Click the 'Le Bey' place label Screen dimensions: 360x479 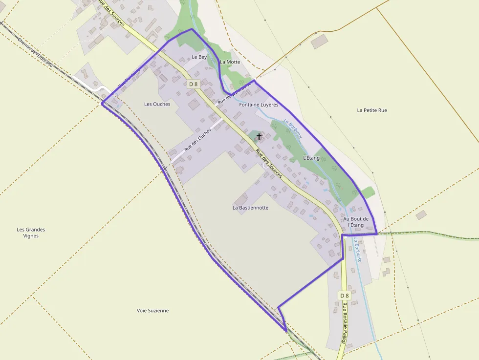(x=199, y=57)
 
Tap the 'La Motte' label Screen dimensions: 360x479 (x=230, y=62)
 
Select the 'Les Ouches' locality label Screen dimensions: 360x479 (x=157, y=104)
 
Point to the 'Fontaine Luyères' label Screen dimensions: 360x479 (x=259, y=105)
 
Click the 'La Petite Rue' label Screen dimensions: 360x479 (x=372, y=110)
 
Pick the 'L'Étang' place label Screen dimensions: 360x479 (x=311, y=158)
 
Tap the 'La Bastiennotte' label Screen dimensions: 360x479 (x=250, y=208)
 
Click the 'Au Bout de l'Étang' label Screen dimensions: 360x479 (x=356, y=222)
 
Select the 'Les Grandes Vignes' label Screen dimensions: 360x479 (x=31, y=233)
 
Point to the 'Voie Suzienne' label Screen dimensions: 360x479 (x=152, y=311)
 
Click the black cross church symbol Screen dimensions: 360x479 (x=259, y=137)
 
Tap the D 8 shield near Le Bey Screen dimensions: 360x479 (x=194, y=84)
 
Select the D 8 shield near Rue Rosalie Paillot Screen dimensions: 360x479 (x=345, y=296)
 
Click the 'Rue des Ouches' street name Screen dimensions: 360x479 (x=197, y=139)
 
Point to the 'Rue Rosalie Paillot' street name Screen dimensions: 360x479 (x=344, y=323)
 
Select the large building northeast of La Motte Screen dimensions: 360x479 (x=320, y=42)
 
